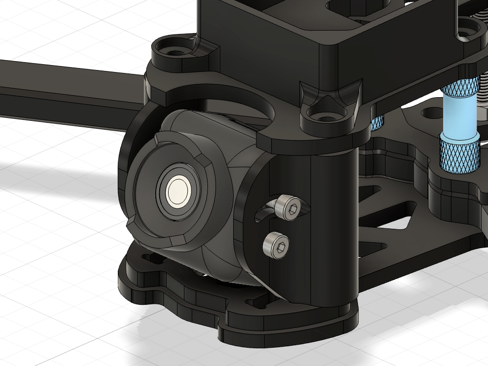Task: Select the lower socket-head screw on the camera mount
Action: click(x=276, y=244)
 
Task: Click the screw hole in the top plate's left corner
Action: click(x=174, y=51)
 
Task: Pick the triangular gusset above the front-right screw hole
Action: click(x=327, y=99)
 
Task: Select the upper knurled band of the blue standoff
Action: click(x=460, y=89)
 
